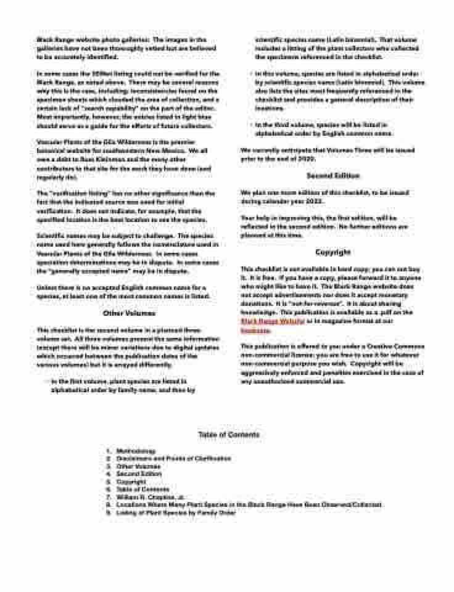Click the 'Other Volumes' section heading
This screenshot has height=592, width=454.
click(x=125, y=313)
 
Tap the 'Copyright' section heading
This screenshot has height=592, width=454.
click(x=333, y=252)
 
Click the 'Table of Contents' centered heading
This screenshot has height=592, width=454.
click(x=229, y=435)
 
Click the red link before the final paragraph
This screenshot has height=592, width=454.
click(x=250, y=330)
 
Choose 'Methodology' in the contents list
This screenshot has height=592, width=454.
click(x=135, y=451)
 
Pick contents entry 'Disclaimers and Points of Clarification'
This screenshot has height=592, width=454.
click(x=173, y=459)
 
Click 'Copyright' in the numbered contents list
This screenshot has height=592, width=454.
click(x=131, y=482)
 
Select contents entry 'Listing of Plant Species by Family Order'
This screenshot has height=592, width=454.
click(x=176, y=512)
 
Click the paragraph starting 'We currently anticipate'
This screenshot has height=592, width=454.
click(x=328, y=154)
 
